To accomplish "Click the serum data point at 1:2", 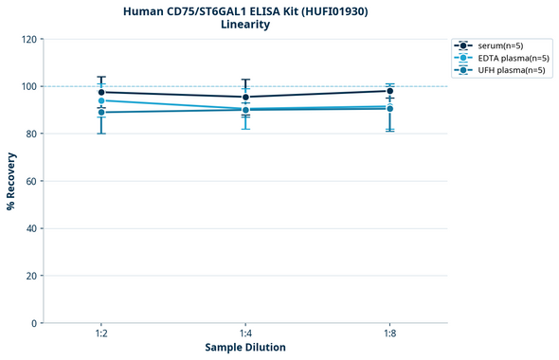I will (x=101, y=92).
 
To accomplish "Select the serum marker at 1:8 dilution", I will (x=390, y=91).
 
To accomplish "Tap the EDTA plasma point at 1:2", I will (x=101, y=100).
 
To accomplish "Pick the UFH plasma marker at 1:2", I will (x=101, y=113).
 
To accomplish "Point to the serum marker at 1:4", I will (x=246, y=97).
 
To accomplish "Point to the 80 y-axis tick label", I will (x=30, y=134).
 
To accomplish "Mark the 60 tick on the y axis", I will (x=30, y=181).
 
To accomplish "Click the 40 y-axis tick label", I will (x=30, y=228).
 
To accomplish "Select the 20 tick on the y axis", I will (x=30, y=276).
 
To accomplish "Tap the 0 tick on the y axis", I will (x=33, y=323).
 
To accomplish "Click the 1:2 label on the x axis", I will (x=101, y=334).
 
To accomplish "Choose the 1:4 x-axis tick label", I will (x=246, y=334).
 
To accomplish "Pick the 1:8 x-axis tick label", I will (x=390, y=334).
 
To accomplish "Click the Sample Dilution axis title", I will (x=245, y=348).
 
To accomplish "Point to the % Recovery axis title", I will (x=11, y=181).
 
